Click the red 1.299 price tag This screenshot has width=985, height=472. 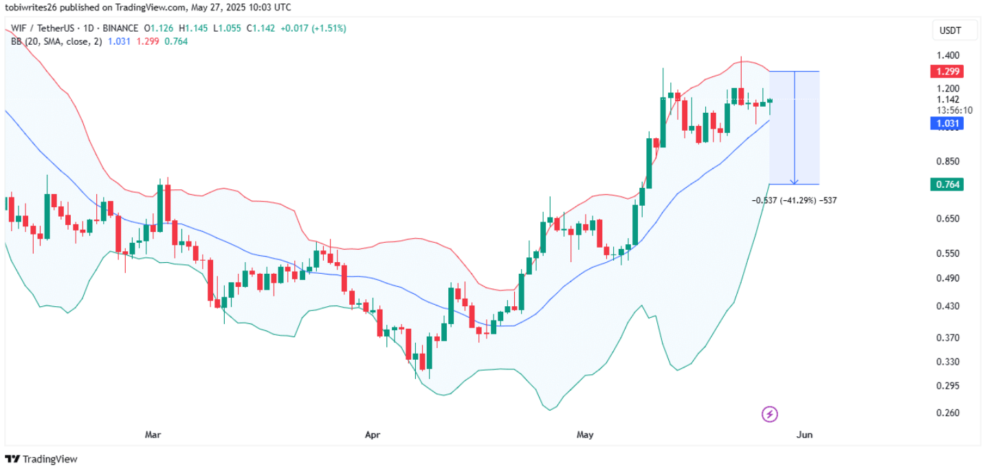coord(947,72)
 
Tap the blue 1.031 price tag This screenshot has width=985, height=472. coord(947,124)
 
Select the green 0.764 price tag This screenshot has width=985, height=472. coord(947,184)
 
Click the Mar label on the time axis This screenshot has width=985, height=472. coord(153,435)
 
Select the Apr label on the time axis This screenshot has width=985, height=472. coord(372,435)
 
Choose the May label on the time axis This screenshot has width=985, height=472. coord(585,435)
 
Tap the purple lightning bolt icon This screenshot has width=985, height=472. coord(771,414)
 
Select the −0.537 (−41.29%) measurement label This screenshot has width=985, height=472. coord(795,200)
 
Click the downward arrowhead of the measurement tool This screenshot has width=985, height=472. coord(795,182)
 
